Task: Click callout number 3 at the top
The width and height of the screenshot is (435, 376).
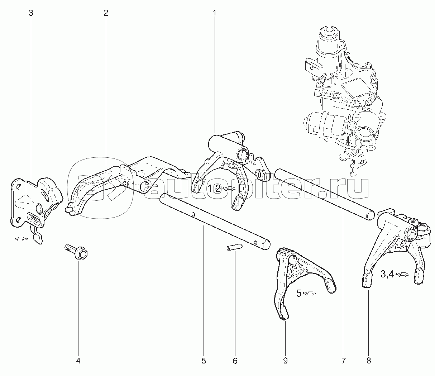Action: pyautogui.click(x=31, y=13)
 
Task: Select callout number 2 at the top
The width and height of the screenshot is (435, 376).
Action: pyautogui.click(x=106, y=13)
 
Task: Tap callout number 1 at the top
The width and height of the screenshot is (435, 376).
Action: pyautogui.click(x=215, y=13)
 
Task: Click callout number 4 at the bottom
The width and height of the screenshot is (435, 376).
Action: pyautogui.click(x=78, y=361)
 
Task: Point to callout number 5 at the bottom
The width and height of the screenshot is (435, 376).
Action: pyautogui.click(x=204, y=361)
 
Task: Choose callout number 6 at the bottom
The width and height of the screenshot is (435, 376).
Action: pyautogui.click(x=235, y=361)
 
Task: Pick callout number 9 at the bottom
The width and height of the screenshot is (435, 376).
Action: pyautogui.click(x=285, y=361)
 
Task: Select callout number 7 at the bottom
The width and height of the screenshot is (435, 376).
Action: pyautogui.click(x=343, y=361)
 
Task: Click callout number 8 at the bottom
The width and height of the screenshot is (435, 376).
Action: pyautogui.click(x=368, y=361)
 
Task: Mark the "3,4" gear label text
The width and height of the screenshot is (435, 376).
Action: pyautogui.click(x=387, y=274)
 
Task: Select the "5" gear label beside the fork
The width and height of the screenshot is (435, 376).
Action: pyautogui.click(x=298, y=294)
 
